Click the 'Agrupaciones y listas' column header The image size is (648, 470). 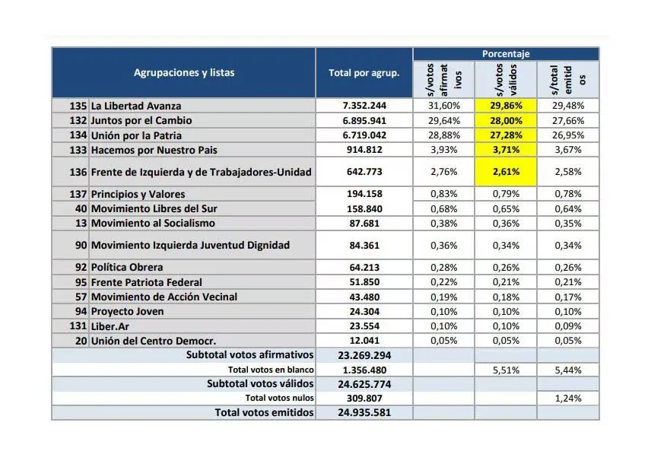[x=184, y=73]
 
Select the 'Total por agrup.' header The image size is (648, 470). [x=364, y=73]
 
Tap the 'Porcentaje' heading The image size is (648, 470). [x=506, y=54]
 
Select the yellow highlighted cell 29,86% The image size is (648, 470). [x=506, y=106]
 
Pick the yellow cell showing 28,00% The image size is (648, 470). [x=506, y=120]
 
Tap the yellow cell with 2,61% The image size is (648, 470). [x=506, y=172]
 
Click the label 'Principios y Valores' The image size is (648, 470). [x=138, y=194]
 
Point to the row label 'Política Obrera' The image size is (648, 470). [x=127, y=267]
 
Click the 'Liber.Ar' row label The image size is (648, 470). [x=110, y=326]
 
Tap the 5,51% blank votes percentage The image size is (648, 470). [x=506, y=370]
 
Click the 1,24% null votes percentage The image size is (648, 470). [x=567, y=398]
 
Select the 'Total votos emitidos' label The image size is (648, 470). [x=264, y=412]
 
